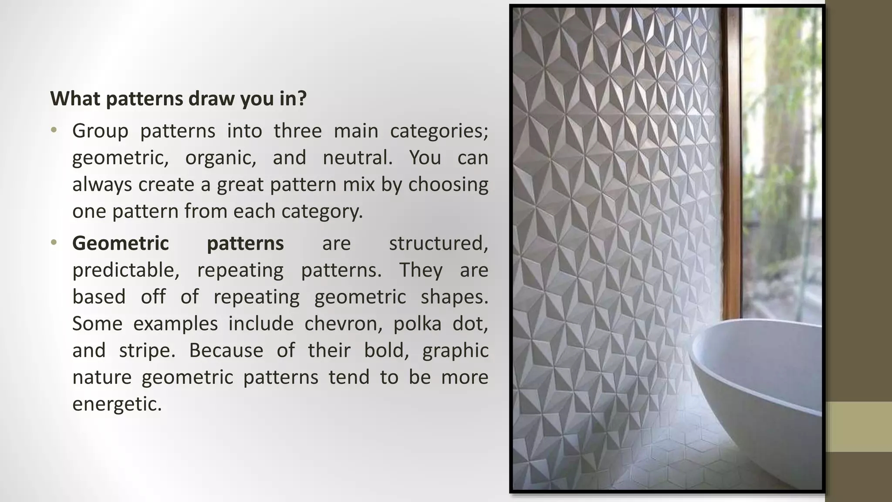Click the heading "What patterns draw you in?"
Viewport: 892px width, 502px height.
point(179,98)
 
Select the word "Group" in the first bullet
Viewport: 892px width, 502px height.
point(100,131)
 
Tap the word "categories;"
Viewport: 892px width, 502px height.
point(439,131)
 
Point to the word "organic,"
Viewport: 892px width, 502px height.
point(221,157)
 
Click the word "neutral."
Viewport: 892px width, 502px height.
point(358,157)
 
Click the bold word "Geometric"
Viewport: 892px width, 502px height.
point(121,243)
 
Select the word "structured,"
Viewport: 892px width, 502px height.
point(438,243)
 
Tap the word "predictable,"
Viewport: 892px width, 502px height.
point(126,270)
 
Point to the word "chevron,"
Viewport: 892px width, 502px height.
point(343,324)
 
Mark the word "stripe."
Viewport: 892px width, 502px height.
point(147,350)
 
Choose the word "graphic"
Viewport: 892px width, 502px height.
point(455,350)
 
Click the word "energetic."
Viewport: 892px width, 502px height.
point(117,404)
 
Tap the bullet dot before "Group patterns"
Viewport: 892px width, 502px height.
point(54,130)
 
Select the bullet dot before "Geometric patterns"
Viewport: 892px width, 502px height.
point(54,242)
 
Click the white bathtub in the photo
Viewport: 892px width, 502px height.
point(758,392)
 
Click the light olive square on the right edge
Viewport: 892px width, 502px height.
point(859,427)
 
